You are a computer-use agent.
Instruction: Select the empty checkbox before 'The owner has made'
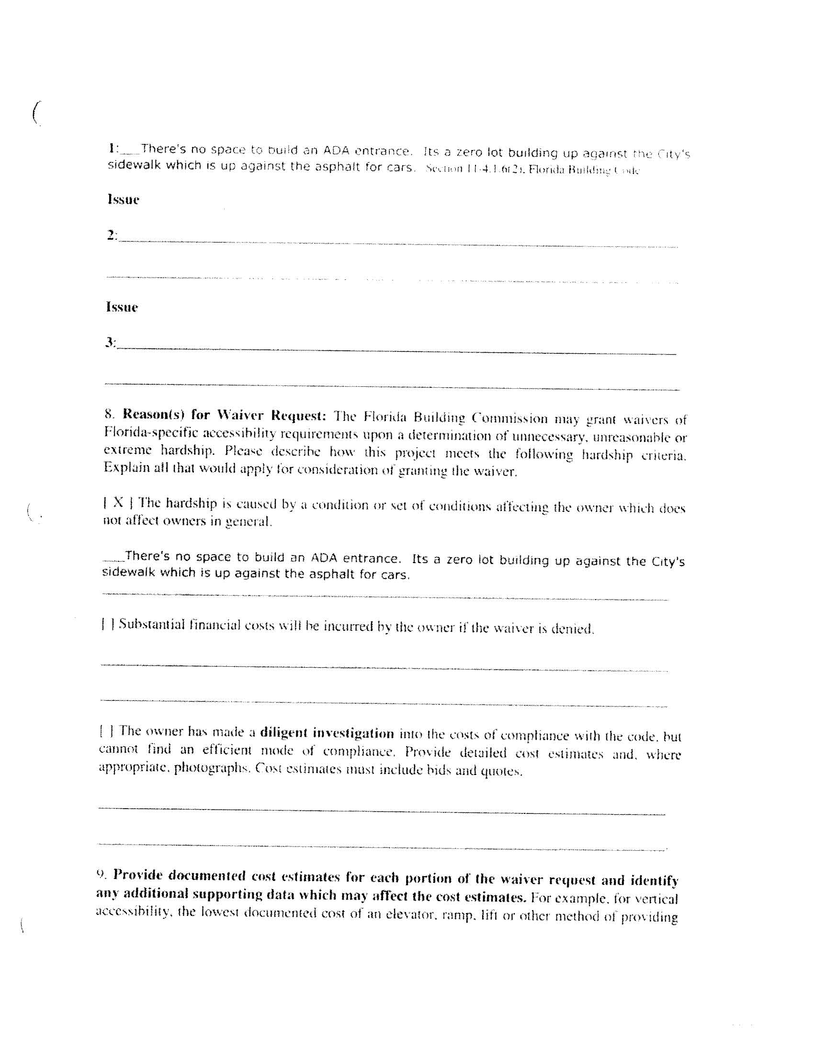[107, 731]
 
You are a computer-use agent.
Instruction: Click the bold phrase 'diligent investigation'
[327, 733]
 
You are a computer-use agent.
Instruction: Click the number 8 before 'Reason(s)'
[109, 414]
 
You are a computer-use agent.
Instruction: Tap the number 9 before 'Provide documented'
[101, 873]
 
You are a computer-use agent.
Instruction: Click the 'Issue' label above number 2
[123, 200]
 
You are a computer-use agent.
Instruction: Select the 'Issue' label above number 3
[122, 307]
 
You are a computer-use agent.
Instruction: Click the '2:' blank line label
[112, 235]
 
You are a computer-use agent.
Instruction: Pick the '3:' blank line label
[111, 343]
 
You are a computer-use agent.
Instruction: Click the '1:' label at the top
[114, 148]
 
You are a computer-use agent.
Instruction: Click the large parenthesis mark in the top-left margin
[36, 113]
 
